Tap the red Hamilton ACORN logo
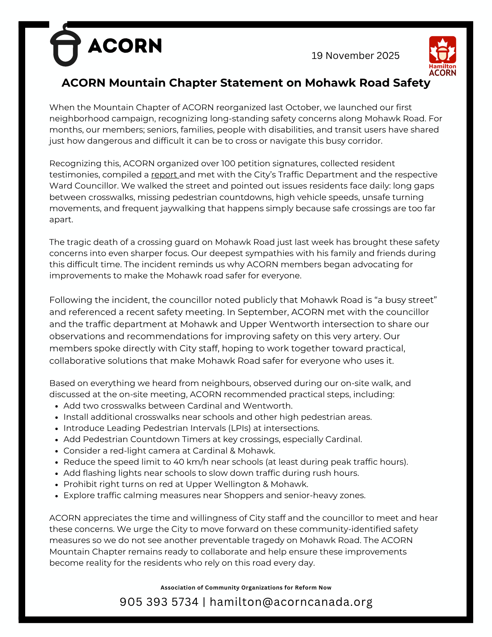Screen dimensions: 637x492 [442, 56]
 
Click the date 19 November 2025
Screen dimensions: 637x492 [355, 56]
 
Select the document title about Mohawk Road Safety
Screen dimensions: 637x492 [246, 83]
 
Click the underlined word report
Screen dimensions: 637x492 [164, 175]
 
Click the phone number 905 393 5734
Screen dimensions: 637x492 [159, 602]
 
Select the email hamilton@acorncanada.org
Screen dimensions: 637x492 [291, 602]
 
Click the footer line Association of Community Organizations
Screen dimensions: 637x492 [246, 587]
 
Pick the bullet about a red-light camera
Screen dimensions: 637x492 [169, 451]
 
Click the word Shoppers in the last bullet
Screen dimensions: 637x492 [244, 495]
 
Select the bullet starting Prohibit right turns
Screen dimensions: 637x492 [186, 484]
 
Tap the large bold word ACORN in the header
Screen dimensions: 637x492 [125, 46]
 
